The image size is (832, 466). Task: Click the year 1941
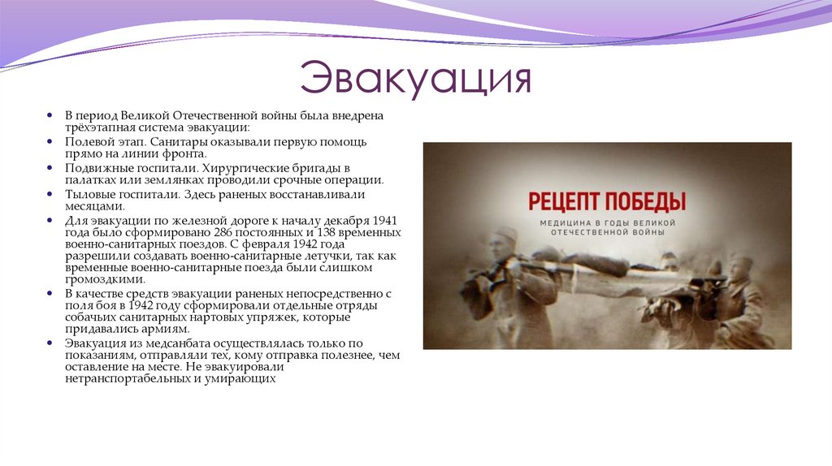click(386, 220)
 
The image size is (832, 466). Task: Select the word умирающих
click(245, 378)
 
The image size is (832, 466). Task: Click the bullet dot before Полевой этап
click(49, 142)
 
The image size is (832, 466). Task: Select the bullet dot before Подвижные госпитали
click(49, 168)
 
